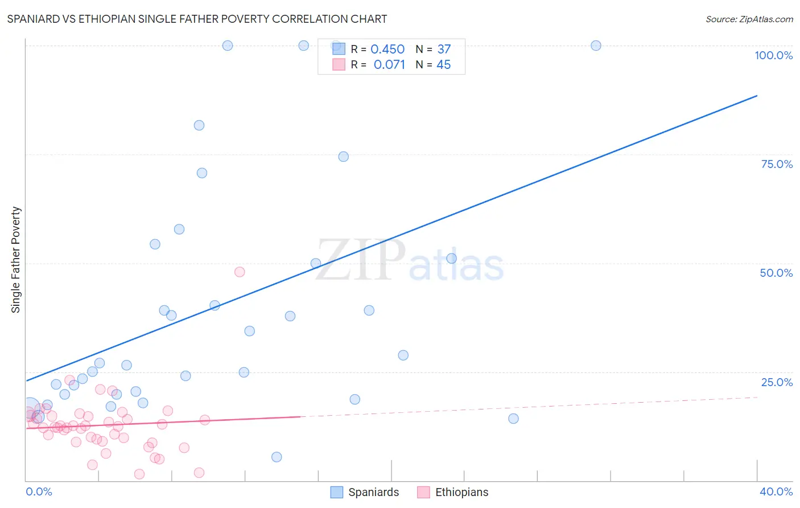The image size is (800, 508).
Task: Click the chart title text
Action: [x=197, y=19]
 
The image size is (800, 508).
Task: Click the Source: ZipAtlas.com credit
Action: [x=749, y=19]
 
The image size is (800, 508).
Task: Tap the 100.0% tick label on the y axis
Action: [x=773, y=55]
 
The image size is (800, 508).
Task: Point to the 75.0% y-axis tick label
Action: [x=776, y=164]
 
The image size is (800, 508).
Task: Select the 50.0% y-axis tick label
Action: [x=776, y=273]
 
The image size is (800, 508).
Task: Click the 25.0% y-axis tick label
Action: [x=776, y=382]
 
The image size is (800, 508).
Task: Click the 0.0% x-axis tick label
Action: [x=39, y=491]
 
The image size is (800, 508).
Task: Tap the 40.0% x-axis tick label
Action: [x=776, y=491]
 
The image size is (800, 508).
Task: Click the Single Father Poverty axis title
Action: [x=16, y=260]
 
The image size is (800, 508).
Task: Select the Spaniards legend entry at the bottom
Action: [x=365, y=492]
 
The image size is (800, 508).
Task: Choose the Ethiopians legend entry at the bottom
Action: [x=453, y=492]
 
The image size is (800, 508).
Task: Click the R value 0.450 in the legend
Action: [x=387, y=50]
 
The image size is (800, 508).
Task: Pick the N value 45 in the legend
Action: [x=443, y=65]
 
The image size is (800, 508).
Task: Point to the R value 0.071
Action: [x=389, y=65]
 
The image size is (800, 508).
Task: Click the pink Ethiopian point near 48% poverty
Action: [x=240, y=272]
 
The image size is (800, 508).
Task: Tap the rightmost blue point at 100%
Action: [x=596, y=46]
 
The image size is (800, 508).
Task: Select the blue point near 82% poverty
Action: [x=199, y=125]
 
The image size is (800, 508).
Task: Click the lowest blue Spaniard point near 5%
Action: [x=277, y=457]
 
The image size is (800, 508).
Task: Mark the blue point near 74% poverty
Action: [x=344, y=157]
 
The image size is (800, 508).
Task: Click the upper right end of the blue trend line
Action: [x=757, y=96]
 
